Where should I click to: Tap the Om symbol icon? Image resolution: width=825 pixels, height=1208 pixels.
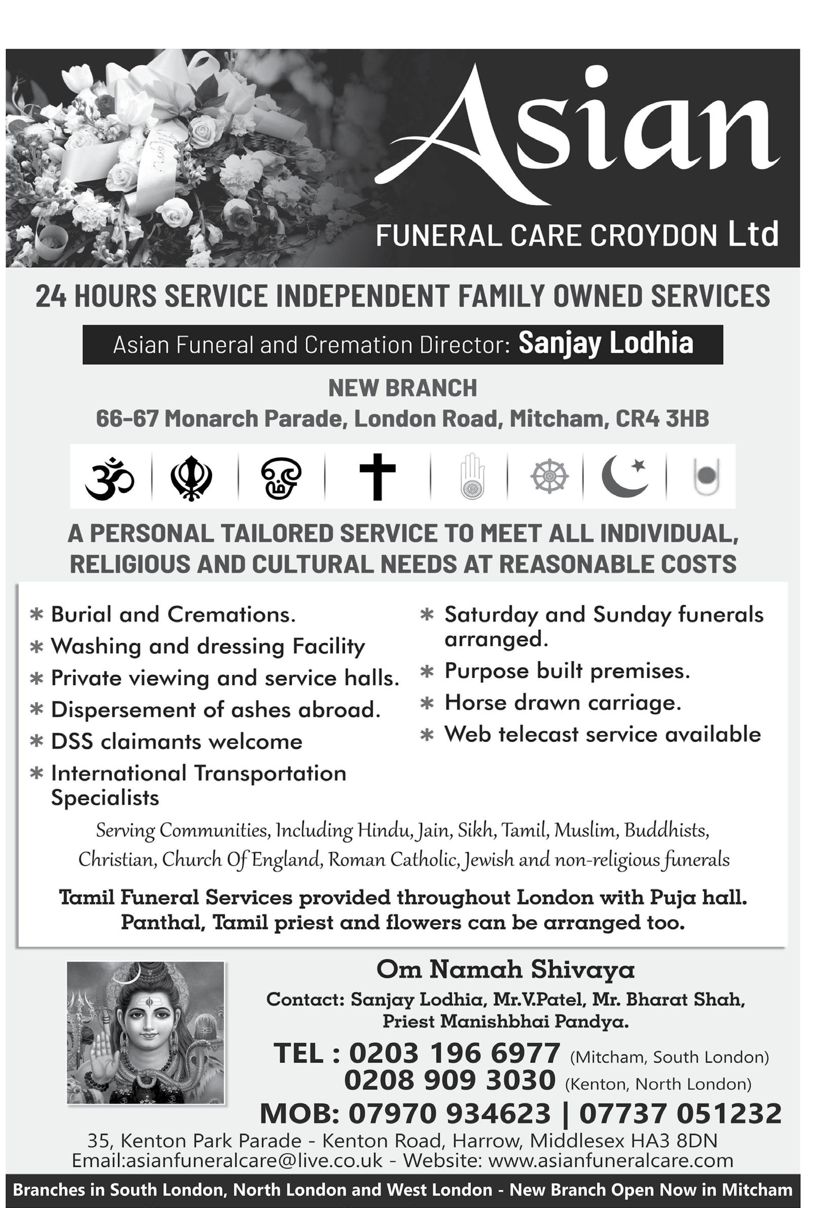click(x=110, y=477)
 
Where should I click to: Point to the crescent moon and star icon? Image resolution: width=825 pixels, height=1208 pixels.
click(x=624, y=476)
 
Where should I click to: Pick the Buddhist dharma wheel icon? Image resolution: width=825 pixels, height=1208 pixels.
click(x=549, y=476)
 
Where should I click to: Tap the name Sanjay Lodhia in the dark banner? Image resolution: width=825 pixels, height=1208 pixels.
click(x=605, y=344)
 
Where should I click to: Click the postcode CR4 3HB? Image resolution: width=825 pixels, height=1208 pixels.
click(x=662, y=418)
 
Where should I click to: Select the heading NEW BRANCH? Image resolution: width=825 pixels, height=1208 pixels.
click(x=403, y=388)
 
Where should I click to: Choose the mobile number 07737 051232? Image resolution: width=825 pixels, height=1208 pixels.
click(x=680, y=1113)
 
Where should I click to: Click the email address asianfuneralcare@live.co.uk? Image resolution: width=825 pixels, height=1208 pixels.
click(x=227, y=1160)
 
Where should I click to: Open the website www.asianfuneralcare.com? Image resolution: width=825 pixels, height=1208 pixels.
click(x=611, y=1160)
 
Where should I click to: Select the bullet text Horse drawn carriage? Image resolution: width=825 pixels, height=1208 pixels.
click(x=562, y=703)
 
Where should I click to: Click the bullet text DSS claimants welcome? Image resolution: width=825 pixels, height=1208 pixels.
click(x=176, y=741)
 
